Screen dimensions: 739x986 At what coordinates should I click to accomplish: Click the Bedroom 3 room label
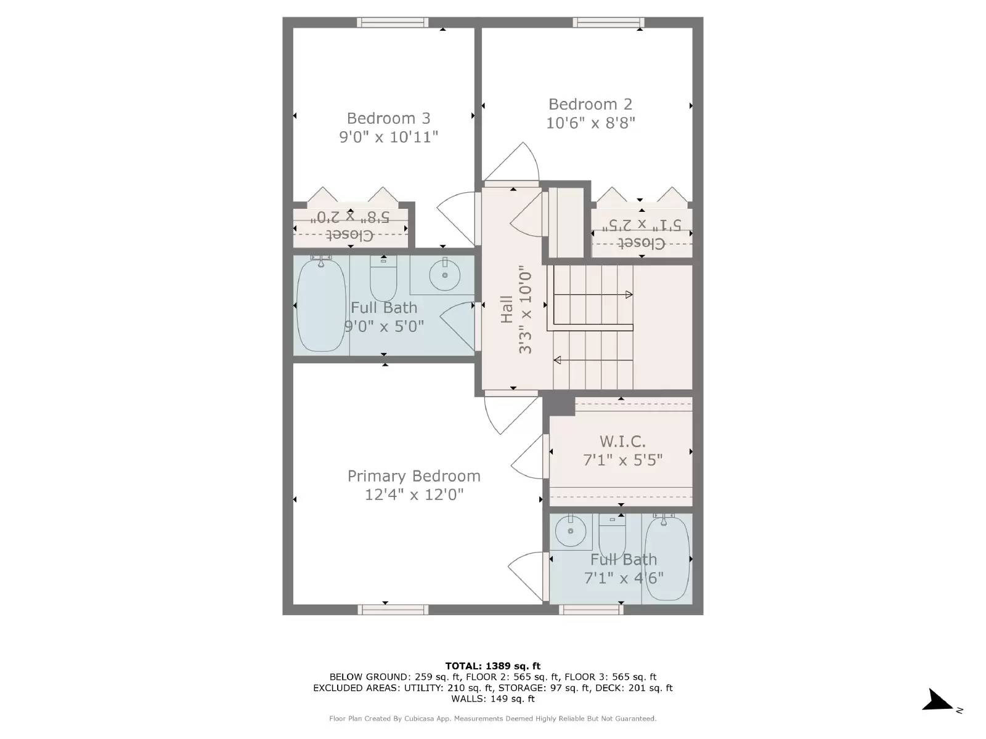tap(388, 118)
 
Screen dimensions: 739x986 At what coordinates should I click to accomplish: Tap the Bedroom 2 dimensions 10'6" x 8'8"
tap(590, 123)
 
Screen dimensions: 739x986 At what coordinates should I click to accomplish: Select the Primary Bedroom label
tap(414, 476)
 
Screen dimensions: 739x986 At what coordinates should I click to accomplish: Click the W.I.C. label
tap(622, 442)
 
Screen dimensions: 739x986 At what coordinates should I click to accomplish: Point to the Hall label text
tap(507, 309)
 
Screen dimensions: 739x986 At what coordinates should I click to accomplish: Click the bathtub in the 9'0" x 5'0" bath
tap(320, 305)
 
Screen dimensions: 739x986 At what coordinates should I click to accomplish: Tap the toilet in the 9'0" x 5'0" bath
tap(383, 280)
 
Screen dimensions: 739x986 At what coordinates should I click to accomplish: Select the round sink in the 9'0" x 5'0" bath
tap(444, 275)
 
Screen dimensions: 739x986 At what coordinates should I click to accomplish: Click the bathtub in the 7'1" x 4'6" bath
tap(667, 559)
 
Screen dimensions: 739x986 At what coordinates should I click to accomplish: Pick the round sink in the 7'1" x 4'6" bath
tap(571, 531)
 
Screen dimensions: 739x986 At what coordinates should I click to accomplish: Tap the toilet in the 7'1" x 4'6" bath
tap(612, 536)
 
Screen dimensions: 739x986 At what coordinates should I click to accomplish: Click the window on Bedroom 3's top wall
tap(393, 22)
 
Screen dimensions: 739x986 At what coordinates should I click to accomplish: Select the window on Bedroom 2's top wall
tap(608, 22)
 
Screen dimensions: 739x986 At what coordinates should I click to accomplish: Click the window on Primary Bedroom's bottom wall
tap(393, 610)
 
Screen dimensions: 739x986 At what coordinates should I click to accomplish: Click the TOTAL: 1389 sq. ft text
tap(492, 666)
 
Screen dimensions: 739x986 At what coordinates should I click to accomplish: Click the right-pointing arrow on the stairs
tap(629, 294)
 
